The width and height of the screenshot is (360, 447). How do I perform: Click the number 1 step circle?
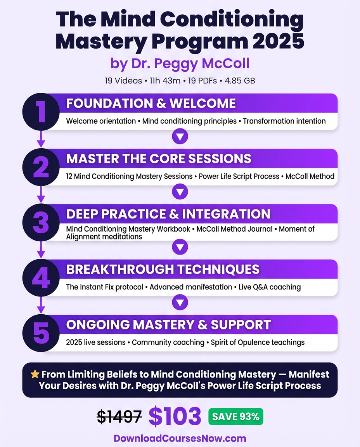pyautogui.click(x=41, y=111)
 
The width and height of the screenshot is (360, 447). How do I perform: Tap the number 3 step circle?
pyautogui.click(x=41, y=222)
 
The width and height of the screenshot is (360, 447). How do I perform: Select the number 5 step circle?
pyautogui.click(x=41, y=333)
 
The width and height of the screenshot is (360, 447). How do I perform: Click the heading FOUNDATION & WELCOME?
pyautogui.click(x=151, y=104)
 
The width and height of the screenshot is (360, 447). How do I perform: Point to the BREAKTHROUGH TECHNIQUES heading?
pyautogui.click(x=163, y=269)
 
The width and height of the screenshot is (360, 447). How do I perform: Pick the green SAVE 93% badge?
pyautogui.click(x=236, y=417)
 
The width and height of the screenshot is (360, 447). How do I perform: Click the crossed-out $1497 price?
pyautogui.click(x=119, y=417)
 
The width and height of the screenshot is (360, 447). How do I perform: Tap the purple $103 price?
pyautogui.click(x=175, y=416)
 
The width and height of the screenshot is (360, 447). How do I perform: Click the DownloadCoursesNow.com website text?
pyautogui.click(x=180, y=438)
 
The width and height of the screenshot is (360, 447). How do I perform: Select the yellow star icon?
pyautogui.click(x=35, y=374)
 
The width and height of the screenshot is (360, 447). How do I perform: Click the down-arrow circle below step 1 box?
pyautogui.click(x=180, y=136)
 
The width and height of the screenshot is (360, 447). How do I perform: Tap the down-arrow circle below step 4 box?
pyautogui.click(x=180, y=302)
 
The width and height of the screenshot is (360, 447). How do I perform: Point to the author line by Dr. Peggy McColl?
pyautogui.click(x=180, y=64)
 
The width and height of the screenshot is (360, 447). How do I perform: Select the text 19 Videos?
pyautogui.click(x=123, y=81)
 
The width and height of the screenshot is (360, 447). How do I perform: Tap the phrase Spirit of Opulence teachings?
pyautogui.click(x=258, y=342)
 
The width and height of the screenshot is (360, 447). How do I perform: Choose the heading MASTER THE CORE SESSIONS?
pyautogui.click(x=159, y=159)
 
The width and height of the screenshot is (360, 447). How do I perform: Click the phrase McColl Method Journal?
pyautogui.click(x=234, y=229)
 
